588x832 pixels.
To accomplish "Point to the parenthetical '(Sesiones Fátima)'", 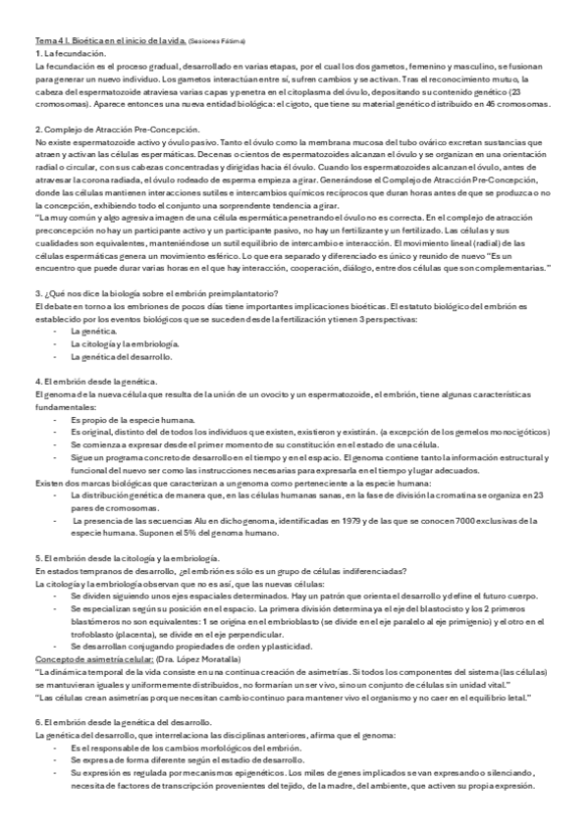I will (216, 41).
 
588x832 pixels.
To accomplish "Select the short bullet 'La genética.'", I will (93, 332).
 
